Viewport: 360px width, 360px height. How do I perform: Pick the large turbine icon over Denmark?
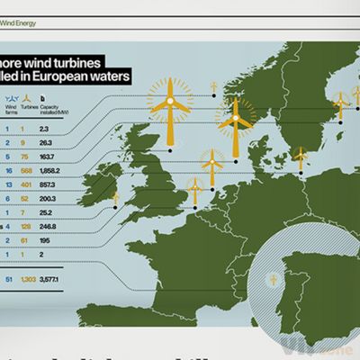[237, 121]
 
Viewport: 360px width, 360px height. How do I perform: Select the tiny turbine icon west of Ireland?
[115, 196]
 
